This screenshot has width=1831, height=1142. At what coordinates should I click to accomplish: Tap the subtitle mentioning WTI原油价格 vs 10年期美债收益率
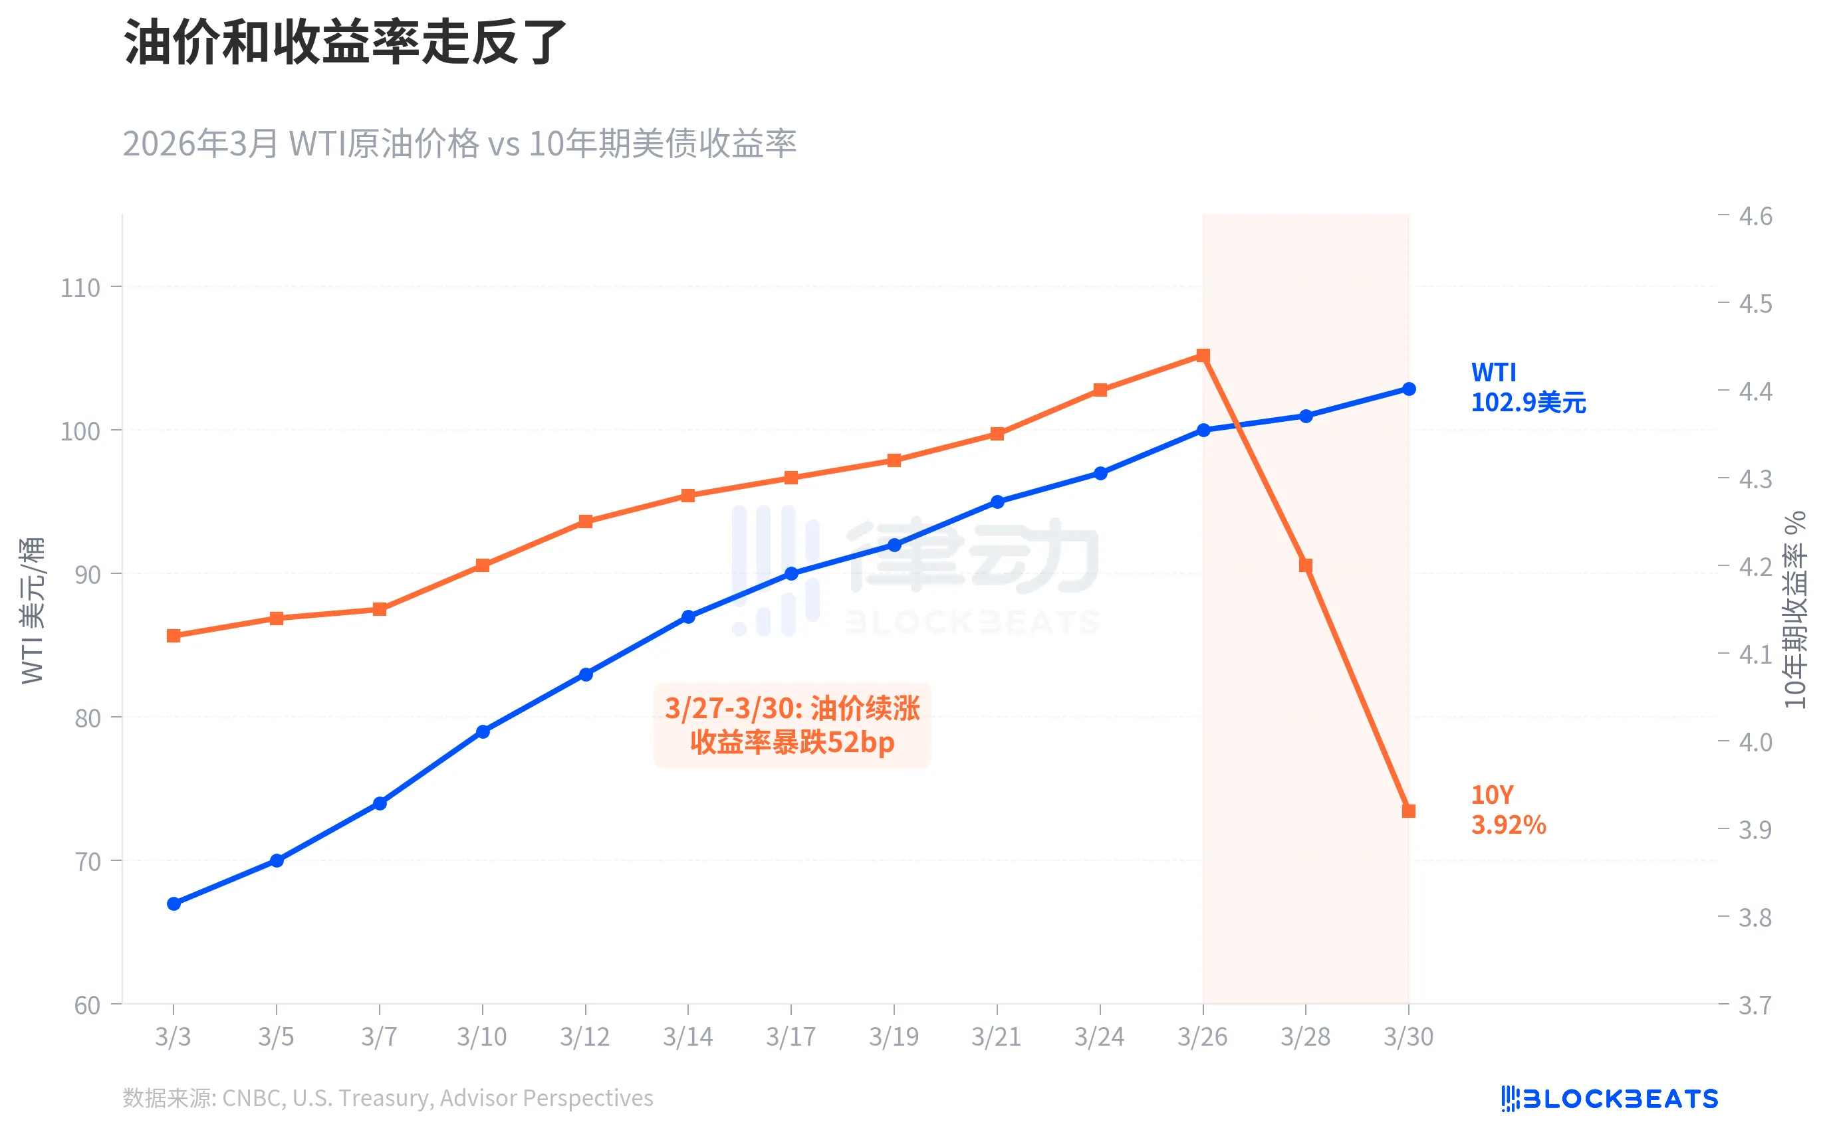[459, 143]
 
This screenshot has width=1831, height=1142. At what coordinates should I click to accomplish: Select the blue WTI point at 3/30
[1409, 389]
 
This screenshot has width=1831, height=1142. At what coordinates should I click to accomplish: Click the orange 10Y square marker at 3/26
[1203, 355]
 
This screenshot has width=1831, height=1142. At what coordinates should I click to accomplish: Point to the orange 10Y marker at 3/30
[1409, 811]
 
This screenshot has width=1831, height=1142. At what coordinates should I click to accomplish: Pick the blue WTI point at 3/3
[174, 904]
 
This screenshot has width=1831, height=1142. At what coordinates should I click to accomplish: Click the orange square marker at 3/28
[1305, 565]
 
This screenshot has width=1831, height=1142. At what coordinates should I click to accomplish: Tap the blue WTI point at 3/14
[687, 617]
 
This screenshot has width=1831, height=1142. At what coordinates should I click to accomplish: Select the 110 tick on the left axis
[80, 288]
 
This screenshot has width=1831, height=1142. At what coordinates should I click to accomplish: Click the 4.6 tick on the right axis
[1755, 217]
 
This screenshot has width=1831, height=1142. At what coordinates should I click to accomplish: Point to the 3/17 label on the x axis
[791, 1036]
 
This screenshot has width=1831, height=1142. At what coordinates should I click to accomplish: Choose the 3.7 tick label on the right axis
[1755, 1005]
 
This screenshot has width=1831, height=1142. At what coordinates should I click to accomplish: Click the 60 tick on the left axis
[87, 1005]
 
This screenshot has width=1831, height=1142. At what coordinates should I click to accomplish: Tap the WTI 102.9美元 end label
[1527, 387]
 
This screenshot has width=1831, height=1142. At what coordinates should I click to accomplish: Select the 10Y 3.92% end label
[1508, 810]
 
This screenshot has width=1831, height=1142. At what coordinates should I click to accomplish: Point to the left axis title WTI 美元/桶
[33, 611]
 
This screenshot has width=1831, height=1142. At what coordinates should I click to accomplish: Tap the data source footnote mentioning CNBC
[388, 1097]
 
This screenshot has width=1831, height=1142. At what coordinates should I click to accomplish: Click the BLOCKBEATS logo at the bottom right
[1609, 1098]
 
